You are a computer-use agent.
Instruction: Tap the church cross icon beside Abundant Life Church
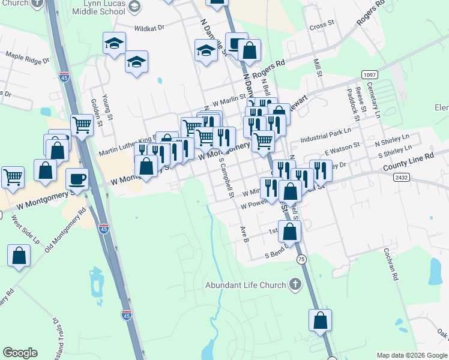[x=295, y=284]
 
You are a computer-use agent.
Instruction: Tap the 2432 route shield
[x=402, y=178]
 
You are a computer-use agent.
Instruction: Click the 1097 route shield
[x=370, y=74]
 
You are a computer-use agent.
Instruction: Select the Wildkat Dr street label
[x=149, y=28]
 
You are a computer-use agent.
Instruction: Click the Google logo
[x=20, y=353]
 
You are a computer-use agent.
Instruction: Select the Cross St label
[x=322, y=26]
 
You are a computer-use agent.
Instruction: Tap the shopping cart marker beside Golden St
[x=82, y=125]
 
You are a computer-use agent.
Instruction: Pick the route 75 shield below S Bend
[x=300, y=258]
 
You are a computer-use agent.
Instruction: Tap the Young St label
[x=106, y=107]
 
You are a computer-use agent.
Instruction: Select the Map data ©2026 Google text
[x=411, y=355]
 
